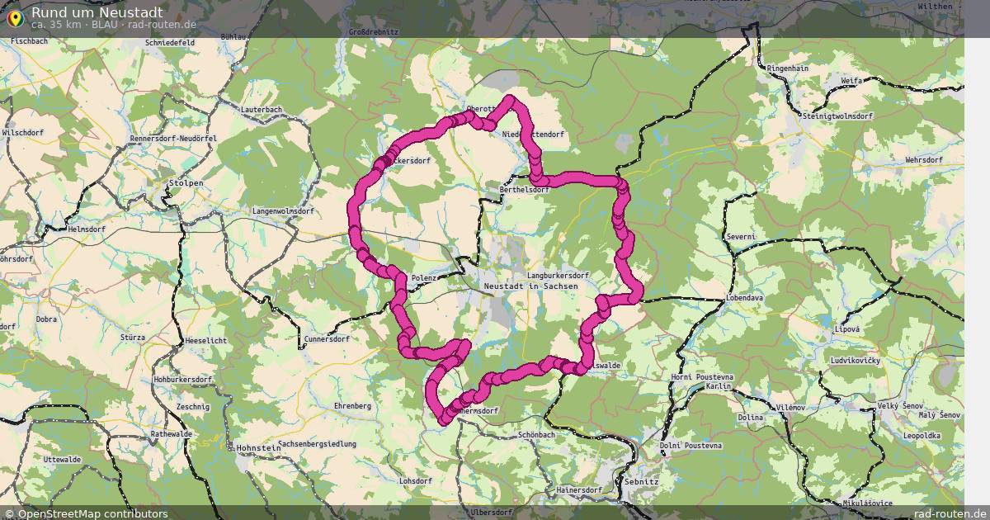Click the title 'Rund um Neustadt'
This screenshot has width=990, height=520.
97,12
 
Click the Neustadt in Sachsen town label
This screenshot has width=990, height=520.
530,286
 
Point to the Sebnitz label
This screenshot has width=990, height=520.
642,480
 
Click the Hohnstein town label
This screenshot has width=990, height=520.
258,447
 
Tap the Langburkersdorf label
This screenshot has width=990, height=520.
557,275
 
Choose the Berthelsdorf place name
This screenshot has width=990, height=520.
524,190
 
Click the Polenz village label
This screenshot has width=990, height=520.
423,278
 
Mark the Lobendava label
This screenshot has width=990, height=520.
745,296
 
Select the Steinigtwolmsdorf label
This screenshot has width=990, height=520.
837,116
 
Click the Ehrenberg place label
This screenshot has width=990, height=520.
351,406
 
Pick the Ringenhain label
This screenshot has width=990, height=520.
787,69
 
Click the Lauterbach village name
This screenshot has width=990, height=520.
261,110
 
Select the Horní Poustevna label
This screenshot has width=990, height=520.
702,376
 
